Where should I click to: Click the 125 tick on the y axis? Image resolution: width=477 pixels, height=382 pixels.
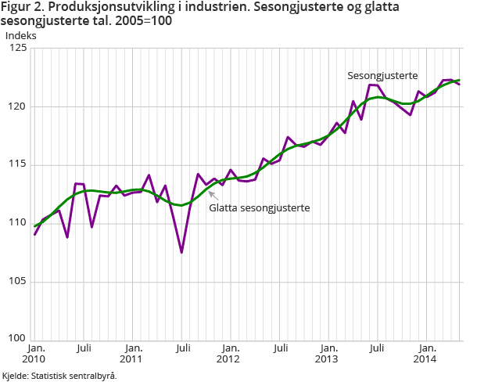pos(17,49)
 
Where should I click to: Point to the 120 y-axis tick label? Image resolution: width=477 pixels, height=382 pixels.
pos(17,106)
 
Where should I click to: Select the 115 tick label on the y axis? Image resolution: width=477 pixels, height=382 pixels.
pos(17,164)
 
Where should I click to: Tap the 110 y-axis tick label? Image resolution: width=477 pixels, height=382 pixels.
pos(17,223)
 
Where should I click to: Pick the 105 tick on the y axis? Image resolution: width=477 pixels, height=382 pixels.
pos(17,281)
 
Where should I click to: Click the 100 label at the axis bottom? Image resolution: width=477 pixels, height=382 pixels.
pos(17,339)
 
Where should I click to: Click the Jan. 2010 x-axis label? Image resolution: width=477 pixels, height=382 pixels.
pos(35,353)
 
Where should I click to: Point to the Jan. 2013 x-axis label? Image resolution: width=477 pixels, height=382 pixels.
pos(328,353)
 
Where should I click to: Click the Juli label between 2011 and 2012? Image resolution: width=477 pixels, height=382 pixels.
pos(181,348)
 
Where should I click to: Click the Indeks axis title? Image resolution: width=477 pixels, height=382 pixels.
pos(20,35)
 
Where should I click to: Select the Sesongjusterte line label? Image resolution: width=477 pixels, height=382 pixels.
pos(382,76)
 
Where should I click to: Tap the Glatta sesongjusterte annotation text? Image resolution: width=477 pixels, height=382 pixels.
pos(260,208)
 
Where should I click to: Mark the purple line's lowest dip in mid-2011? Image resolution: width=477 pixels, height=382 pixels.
pos(181,252)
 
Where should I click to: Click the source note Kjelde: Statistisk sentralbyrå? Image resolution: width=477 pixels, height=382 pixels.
pos(59,376)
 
